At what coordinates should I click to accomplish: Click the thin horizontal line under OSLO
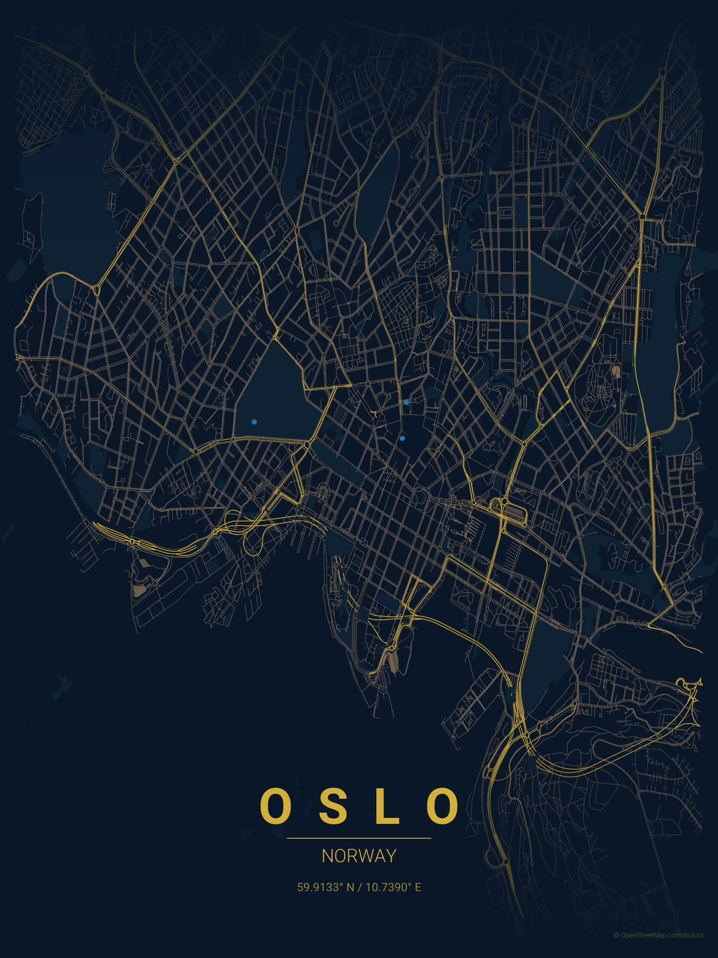click(x=359, y=838)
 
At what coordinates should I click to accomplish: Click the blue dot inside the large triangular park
click(x=254, y=421)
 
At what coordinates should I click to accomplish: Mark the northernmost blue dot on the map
click(x=406, y=402)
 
